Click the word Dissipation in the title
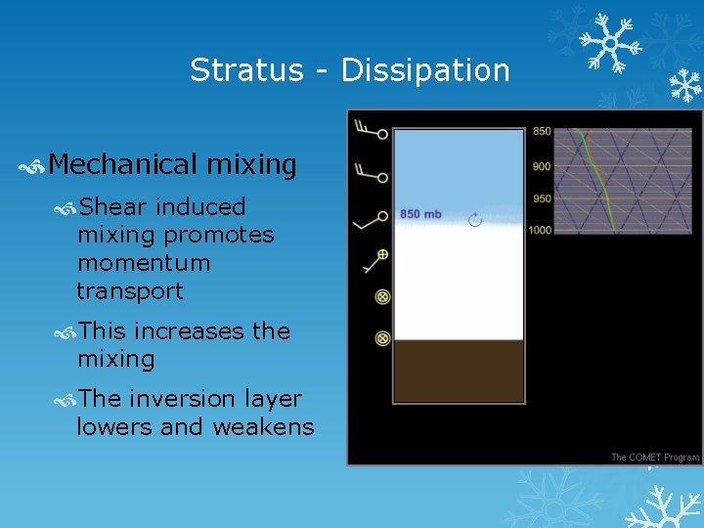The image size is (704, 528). (425, 70)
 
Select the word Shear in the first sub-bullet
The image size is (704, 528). (113, 207)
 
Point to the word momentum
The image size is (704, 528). (144, 263)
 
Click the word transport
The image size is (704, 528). (130, 291)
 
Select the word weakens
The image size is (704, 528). (267, 427)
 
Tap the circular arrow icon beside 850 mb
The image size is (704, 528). (475, 220)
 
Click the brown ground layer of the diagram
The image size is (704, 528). (459, 371)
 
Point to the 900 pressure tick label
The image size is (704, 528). (542, 166)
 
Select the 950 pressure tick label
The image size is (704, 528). (542, 198)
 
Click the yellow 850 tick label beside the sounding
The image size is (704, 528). (542, 131)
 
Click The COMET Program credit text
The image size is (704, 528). (655, 457)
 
